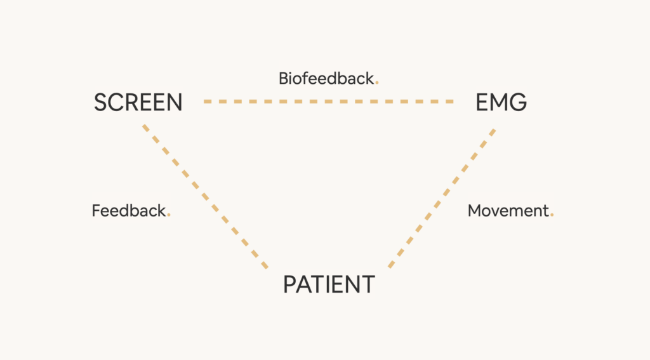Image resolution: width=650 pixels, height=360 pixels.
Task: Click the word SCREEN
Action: click(x=138, y=102)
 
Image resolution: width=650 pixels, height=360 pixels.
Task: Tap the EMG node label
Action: click(x=501, y=102)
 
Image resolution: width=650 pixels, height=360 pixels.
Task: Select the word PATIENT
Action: click(x=329, y=284)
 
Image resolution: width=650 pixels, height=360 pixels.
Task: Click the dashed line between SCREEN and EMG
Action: click(x=328, y=101)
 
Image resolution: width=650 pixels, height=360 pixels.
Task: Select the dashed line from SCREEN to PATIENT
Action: click(x=205, y=197)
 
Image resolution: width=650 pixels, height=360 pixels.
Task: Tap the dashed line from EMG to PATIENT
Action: click(x=442, y=198)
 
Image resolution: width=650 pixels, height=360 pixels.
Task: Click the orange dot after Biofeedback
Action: click(x=377, y=83)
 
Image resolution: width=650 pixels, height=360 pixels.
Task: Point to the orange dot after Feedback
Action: click(x=169, y=215)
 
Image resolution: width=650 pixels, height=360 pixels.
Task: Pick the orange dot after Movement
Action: click(x=552, y=215)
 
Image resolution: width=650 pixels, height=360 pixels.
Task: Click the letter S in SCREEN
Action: click(x=101, y=102)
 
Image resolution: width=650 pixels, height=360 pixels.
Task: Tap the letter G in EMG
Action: click(x=518, y=102)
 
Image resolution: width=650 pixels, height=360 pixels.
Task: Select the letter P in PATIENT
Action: click(x=289, y=284)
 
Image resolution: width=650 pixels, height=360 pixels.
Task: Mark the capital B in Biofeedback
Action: click(x=284, y=78)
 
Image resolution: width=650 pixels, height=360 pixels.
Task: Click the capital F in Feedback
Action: click(x=96, y=211)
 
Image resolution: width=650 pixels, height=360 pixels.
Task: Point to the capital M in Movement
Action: click(x=475, y=211)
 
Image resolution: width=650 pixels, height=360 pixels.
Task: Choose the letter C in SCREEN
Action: click(x=117, y=102)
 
